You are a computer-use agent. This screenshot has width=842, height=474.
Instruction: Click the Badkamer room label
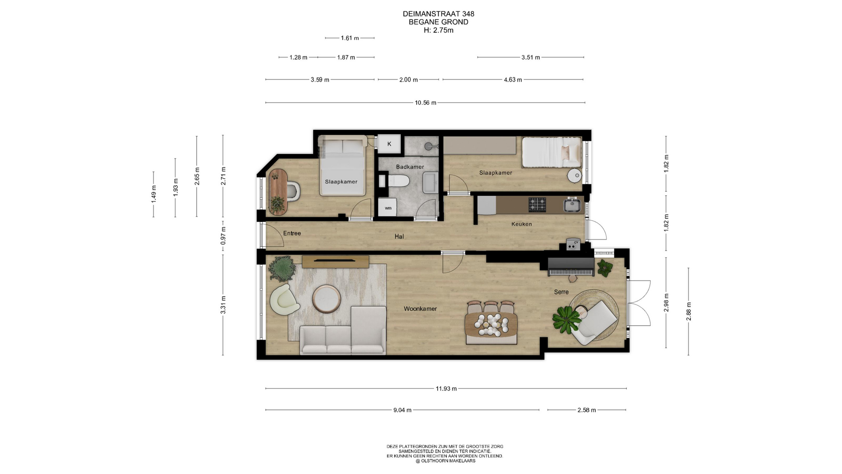point(410,167)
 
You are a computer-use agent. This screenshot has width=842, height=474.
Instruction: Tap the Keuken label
point(521,224)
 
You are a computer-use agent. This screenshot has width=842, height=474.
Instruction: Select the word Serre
point(561,292)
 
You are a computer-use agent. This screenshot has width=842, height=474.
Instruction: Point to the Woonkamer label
point(420,309)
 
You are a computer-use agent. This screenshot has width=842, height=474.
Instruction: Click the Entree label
point(292,233)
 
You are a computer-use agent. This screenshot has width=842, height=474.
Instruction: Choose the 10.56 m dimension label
point(425,103)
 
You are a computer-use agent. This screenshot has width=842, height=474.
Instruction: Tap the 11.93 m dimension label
point(446,388)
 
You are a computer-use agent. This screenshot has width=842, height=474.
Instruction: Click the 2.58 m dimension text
point(586,410)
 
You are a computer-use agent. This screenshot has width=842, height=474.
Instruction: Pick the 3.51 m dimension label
point(531,57)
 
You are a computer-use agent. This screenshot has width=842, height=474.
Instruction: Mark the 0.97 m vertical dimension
point(223,236)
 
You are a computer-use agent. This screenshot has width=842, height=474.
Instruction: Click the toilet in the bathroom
point(398,180)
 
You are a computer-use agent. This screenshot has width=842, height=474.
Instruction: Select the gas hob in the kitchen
point(537,204)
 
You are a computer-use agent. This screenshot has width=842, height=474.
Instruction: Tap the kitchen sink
point(572,205)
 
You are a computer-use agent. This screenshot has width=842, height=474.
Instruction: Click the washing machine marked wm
point(388,207)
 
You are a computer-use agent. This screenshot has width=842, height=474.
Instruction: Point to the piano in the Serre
point(571,266)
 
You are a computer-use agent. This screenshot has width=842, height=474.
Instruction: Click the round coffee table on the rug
point(326,298)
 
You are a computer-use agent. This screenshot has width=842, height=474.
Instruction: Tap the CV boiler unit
point(573,244)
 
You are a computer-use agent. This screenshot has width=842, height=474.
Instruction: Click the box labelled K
point(389,144)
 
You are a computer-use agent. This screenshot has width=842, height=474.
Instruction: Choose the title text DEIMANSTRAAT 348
point(439,14)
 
